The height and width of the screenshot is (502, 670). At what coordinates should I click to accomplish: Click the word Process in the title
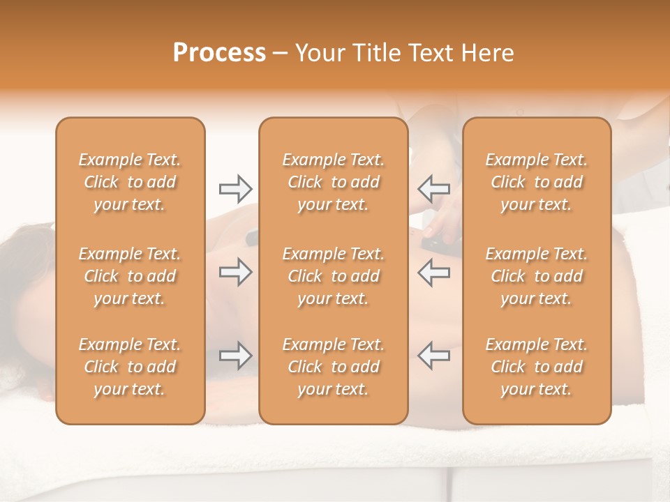219,53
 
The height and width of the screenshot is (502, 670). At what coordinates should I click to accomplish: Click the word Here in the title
488,53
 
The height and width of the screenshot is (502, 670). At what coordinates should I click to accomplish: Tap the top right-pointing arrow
235,188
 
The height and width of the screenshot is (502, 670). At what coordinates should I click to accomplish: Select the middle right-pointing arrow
235,273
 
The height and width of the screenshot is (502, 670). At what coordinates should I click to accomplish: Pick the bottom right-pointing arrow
235,356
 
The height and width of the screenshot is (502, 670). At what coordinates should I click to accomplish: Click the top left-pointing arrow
434,188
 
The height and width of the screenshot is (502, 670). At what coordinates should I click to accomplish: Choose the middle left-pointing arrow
434,273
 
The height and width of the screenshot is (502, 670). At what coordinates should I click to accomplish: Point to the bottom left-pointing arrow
434,356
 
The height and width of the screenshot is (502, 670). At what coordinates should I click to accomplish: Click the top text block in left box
130,182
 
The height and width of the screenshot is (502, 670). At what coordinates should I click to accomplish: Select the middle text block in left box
130,276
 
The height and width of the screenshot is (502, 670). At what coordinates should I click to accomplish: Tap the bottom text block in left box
130,367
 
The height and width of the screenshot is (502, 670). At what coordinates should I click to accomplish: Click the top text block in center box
334,182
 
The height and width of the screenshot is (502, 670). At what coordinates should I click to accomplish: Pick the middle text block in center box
334,276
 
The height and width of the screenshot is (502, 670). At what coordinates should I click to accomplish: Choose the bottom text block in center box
334,367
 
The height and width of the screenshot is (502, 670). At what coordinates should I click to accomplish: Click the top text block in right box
537,182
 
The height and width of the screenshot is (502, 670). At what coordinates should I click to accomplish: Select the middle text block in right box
537,276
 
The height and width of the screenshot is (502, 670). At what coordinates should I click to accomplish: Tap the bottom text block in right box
537,367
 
